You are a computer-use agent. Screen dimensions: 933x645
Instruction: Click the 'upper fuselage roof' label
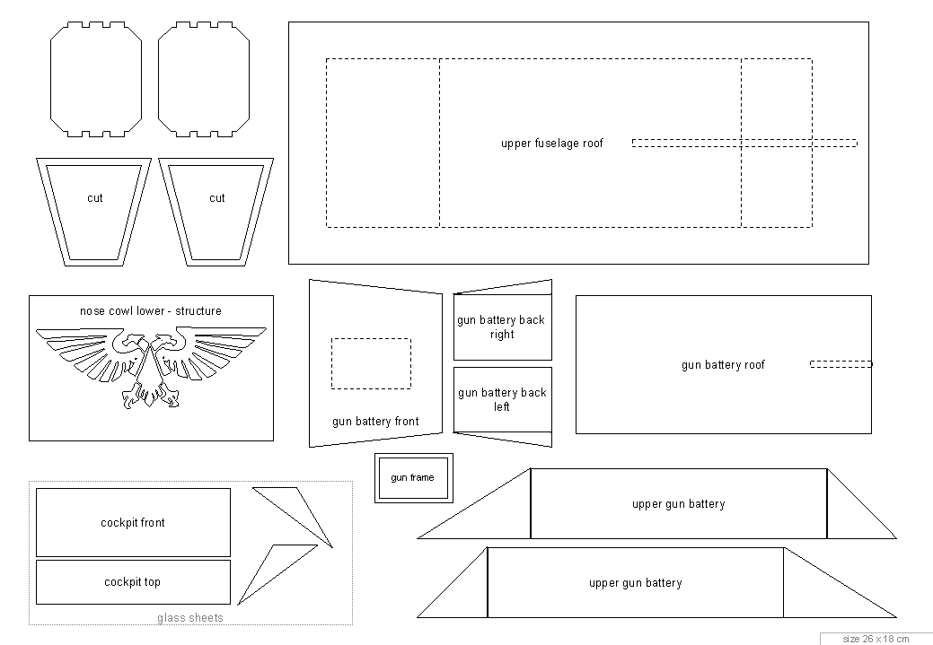tap(551, 144)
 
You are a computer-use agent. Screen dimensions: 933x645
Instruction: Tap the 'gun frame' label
tap(412, 477)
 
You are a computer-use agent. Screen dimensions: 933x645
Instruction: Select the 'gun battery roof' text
tap(723, 365)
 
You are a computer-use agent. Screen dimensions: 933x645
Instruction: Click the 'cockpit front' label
tap(133, 522)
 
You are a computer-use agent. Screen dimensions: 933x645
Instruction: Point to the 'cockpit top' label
tap(132, 582)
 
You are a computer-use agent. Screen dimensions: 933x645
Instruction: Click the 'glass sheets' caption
tap(190, 618)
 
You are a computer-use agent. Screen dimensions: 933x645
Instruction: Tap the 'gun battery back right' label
tap(501, 327)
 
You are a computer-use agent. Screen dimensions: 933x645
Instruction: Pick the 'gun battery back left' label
tap(502, 399)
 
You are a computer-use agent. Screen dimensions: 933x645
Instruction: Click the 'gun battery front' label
tap(375, 422)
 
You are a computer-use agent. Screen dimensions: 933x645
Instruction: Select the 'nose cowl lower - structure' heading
tap(151, 311)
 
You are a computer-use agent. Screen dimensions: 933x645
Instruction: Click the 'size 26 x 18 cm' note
tap(876, 639)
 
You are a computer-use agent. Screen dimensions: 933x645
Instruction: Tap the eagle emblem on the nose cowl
tap(151, 368)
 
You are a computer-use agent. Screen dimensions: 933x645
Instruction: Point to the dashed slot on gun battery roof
tap(841, 364)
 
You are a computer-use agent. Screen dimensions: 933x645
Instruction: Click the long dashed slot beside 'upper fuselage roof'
tap(744, 143)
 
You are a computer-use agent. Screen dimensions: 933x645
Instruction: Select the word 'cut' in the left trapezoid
tap(94, 198)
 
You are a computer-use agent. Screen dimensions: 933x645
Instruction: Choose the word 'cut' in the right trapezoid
tap(217, 198)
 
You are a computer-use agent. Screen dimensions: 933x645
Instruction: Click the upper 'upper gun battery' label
tap(678, 504)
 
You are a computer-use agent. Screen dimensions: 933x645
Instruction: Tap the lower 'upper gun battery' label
tap(636, 583)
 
